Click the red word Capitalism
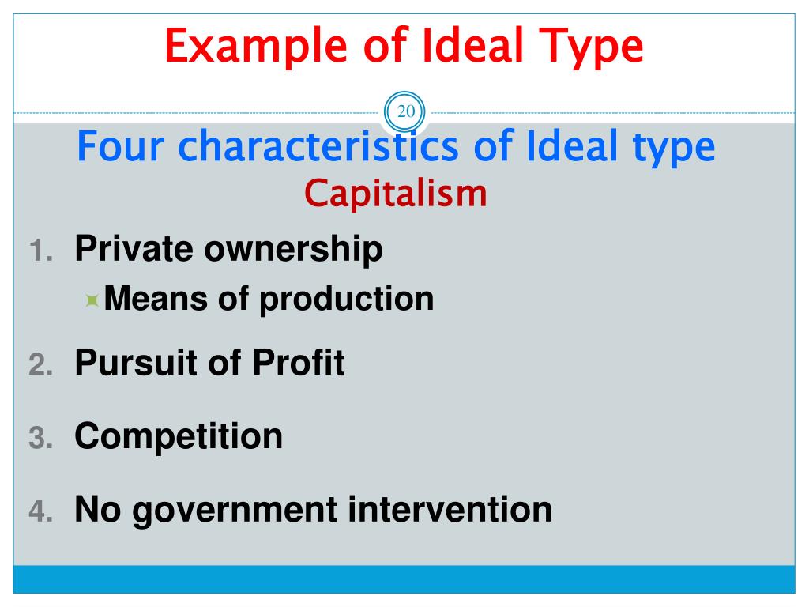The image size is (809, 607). (x=397, y=193)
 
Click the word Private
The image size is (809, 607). (x=134, y=249)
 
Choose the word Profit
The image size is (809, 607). (x=299, y=363)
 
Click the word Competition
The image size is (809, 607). (x=179, y=436)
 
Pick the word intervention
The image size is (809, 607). (x=450, y=509)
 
